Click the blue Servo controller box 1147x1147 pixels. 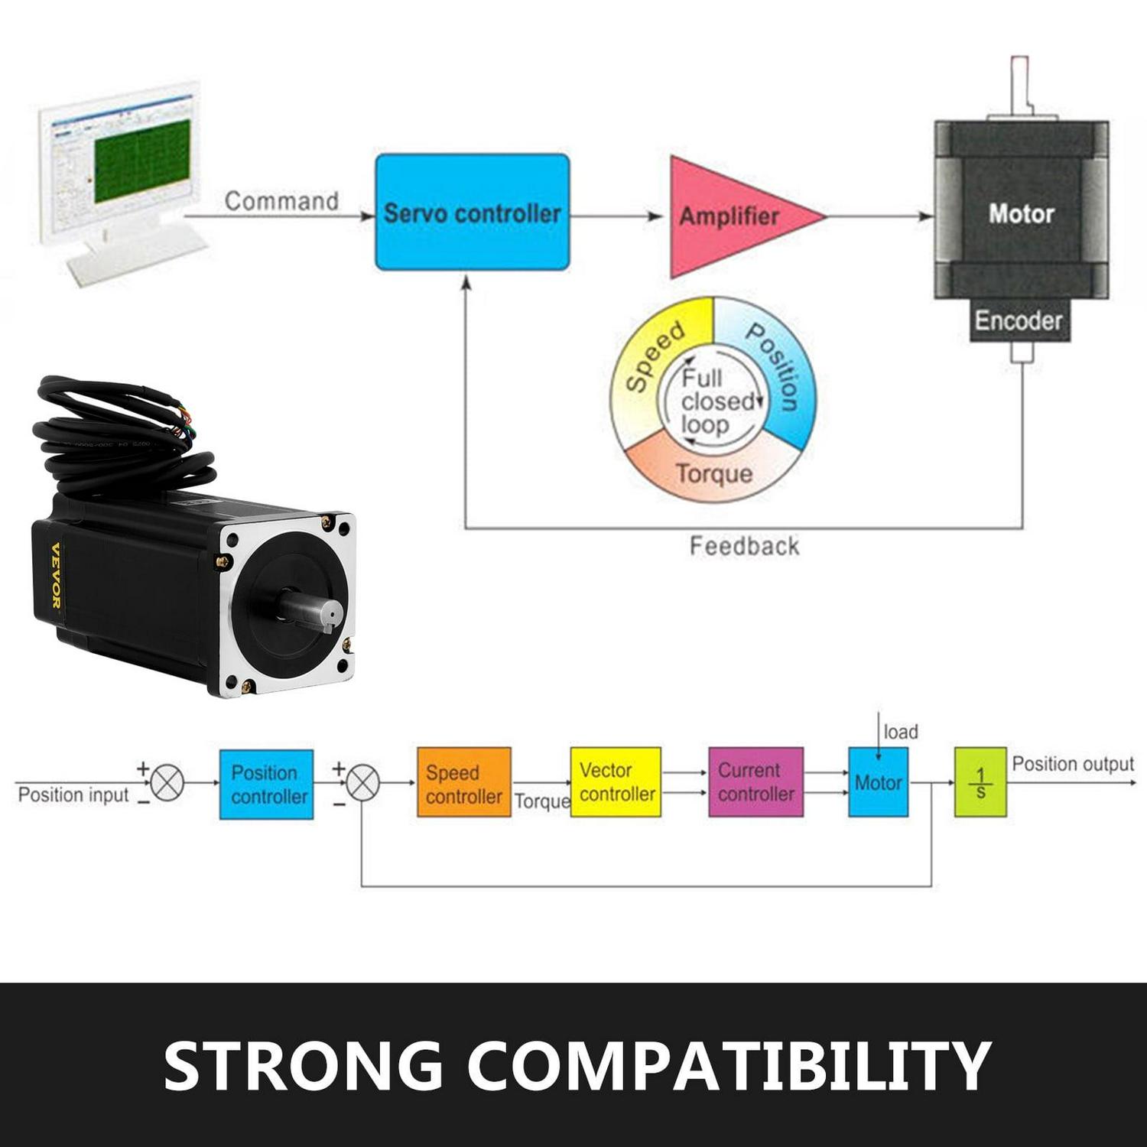click(472, 213)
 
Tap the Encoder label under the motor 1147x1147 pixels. click(1019, 320)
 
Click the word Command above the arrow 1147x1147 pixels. click(281, 201)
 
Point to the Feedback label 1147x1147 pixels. click(744, 546)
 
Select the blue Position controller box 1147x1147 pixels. click(267, 785)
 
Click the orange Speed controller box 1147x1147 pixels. click(463, 783)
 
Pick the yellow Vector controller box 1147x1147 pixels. click(616, 781)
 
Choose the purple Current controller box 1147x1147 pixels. click(755, 781)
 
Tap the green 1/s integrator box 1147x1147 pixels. click(980, 782)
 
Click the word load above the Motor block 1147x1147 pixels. click(900, 732)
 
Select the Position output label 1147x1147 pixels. click(1072, 764)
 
